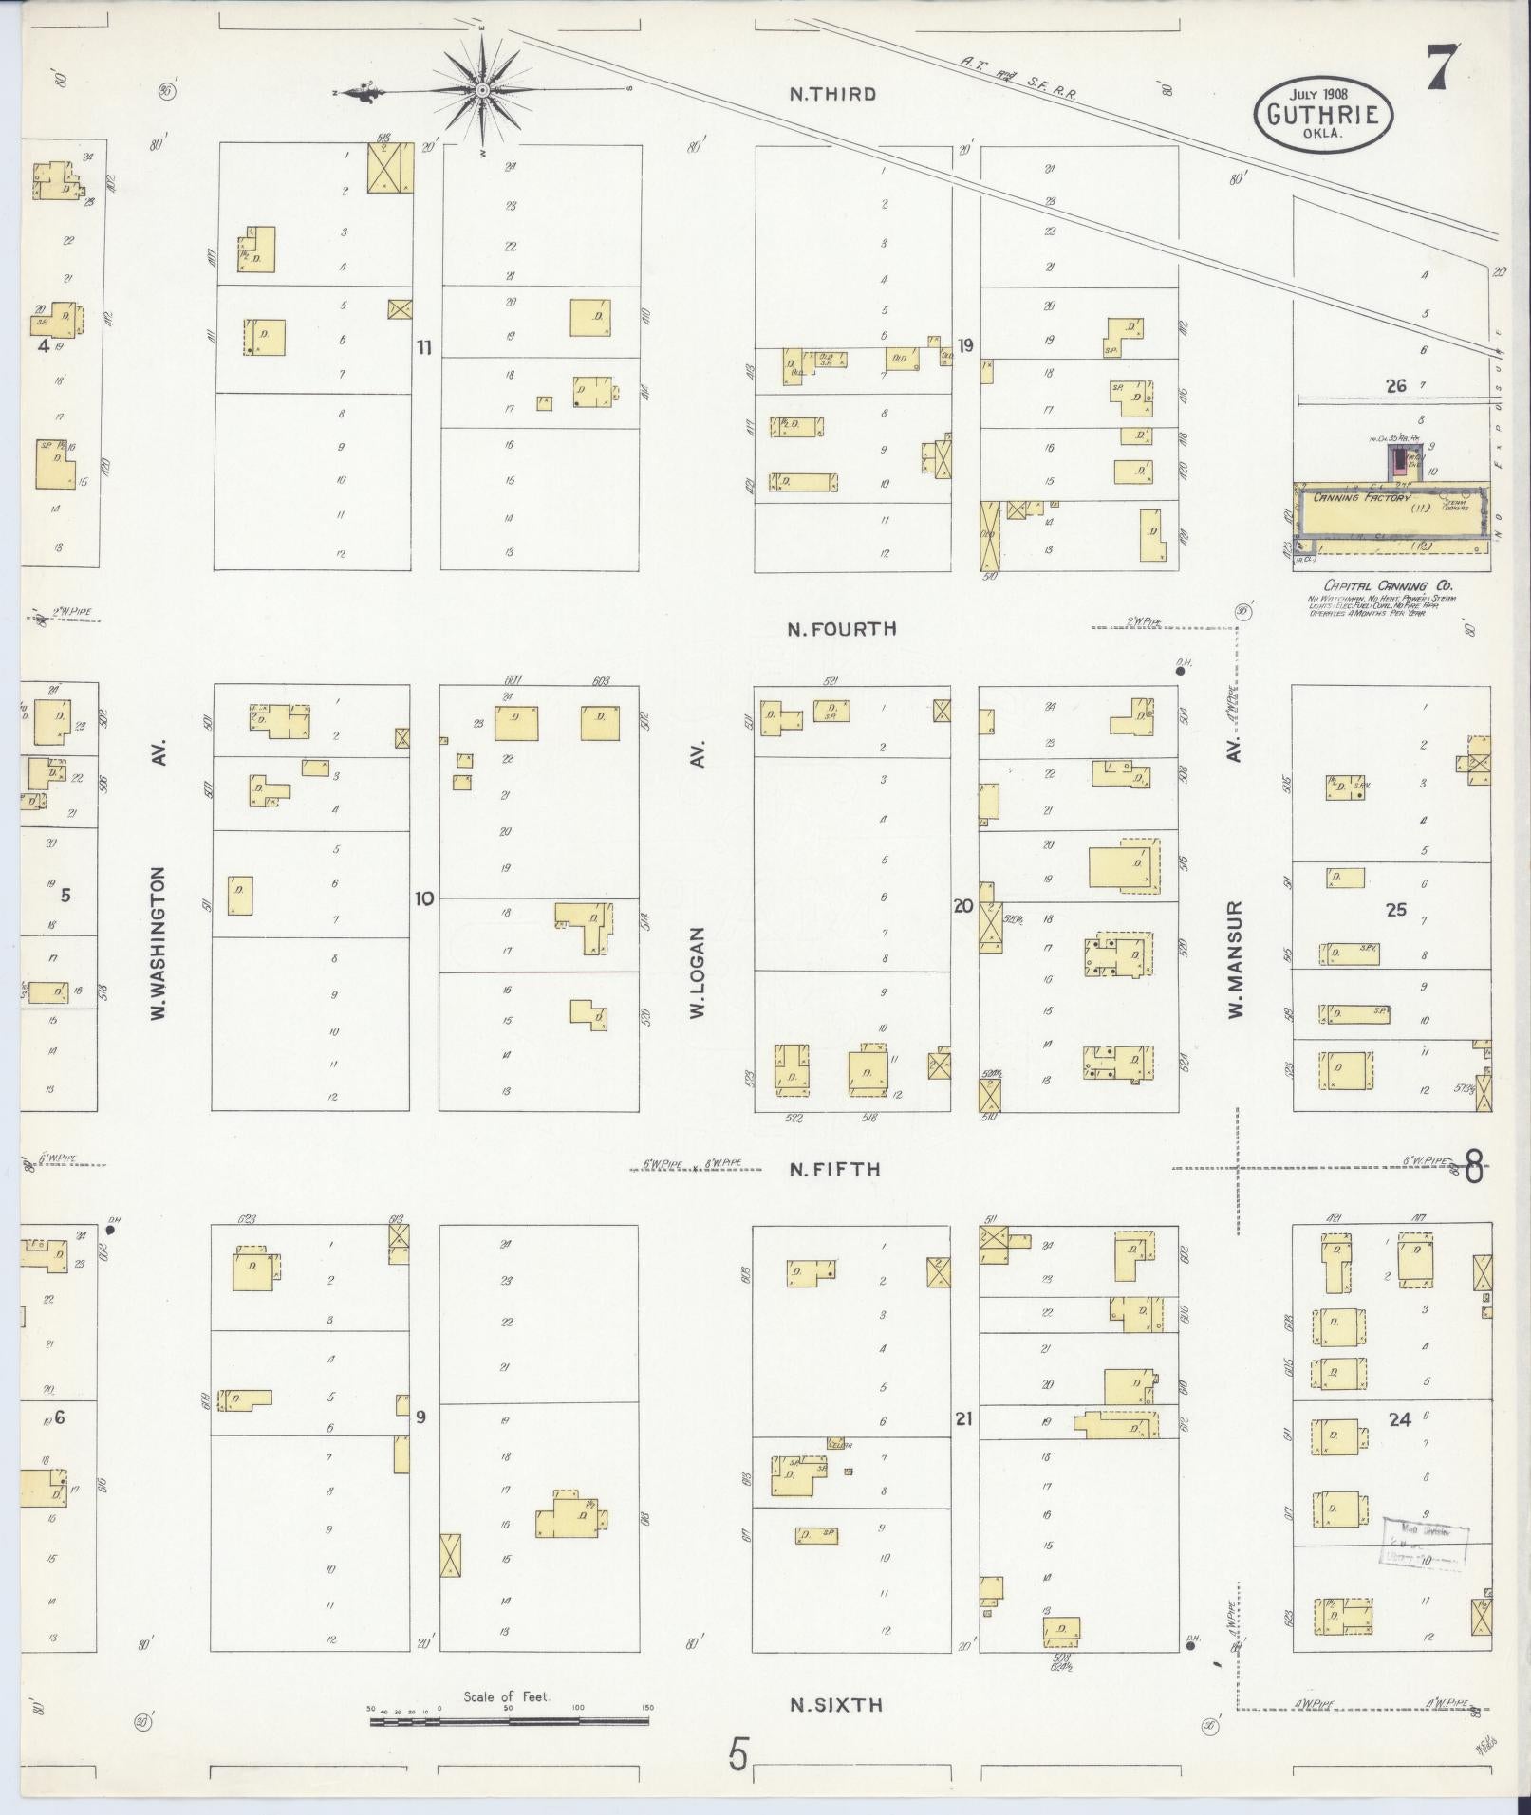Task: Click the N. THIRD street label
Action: coord(832,94)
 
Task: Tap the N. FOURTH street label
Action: coord(842,628)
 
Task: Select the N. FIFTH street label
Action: coord(835,1170)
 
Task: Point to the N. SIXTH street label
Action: coord(836,1705)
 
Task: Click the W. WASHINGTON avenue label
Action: coord(159,943)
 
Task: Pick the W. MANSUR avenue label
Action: coord(1236,960)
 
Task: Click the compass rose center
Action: coord(482,90)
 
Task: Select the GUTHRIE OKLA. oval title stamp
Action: coord(1324,114)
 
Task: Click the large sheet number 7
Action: coord(1442,68)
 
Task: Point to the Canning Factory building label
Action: coord(1362,497)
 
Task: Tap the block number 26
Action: coord(1395,385)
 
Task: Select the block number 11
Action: coord(423,347)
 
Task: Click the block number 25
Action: coord(1396,909)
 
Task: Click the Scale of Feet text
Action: coord(507,1696)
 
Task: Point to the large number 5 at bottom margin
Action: coord(738,1754)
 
